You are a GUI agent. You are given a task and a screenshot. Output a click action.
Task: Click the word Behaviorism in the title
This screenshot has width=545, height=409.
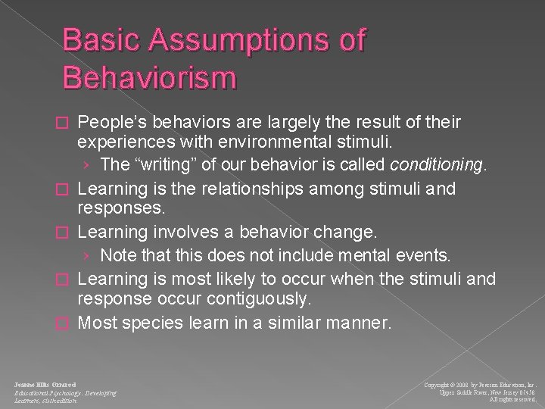[x=151, y=76]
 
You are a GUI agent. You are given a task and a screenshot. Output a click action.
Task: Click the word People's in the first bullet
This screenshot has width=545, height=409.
[x=111, y=123]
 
